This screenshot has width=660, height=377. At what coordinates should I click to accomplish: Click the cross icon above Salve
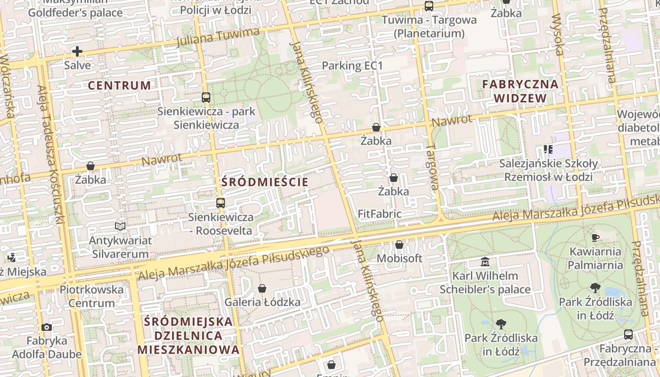coord(77,51)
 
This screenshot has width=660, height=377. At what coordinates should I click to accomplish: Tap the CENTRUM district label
coord(120,85)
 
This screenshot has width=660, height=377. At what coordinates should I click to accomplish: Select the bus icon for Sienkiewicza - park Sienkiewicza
coord(206,98)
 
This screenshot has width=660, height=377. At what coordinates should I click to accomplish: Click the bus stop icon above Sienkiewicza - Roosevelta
coord(220,203)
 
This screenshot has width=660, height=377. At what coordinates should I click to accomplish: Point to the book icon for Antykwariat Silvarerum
coord(120,227)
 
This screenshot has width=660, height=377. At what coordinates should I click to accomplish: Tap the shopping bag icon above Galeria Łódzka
coord(262,288)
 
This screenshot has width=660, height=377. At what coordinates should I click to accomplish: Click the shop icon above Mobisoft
coord(399,245)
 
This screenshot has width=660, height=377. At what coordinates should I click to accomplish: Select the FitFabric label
coord(379,214)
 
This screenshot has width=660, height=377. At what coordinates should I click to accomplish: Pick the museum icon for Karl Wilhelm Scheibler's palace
coord(485,262)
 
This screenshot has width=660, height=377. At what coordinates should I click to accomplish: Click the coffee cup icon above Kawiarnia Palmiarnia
coord(595,238)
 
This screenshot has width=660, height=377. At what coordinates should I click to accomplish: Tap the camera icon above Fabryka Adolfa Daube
coord(46,327)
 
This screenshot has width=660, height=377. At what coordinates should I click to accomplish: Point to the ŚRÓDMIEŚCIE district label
coord(265,182)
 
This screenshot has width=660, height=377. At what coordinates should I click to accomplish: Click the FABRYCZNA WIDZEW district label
coord(520,91)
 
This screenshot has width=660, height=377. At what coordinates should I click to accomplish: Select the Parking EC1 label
coord(352,66)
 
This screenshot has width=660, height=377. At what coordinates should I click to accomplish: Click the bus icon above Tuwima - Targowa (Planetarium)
coord(429,6)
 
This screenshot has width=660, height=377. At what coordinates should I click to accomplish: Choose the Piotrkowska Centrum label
coord(91,296)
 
